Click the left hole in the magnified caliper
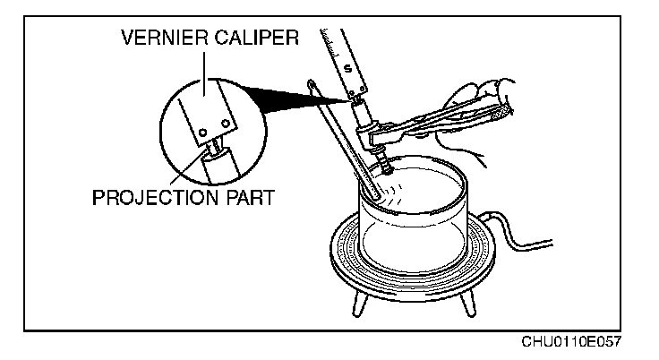[203, 133]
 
